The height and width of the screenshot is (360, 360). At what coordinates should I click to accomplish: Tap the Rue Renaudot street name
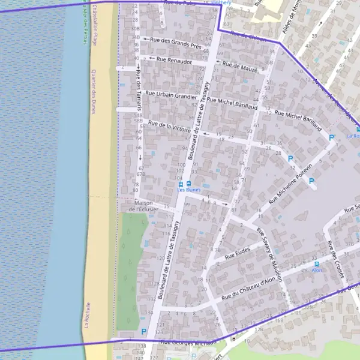(174, 60)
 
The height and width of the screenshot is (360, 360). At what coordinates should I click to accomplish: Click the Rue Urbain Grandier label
(172, 95)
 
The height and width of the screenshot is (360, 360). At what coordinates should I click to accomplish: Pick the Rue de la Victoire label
(173, 127)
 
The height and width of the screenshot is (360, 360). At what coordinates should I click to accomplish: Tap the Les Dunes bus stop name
(190, 190)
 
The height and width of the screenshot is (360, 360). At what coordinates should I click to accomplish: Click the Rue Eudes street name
(237, 255)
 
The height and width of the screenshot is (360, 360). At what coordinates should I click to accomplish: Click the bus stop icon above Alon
(317, 263)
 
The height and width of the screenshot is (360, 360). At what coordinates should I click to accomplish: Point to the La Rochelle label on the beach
(87, 315)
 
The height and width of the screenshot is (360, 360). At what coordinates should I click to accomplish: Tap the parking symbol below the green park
(143, 331)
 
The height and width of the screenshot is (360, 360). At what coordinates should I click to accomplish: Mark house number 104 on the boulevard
(179, 178)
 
